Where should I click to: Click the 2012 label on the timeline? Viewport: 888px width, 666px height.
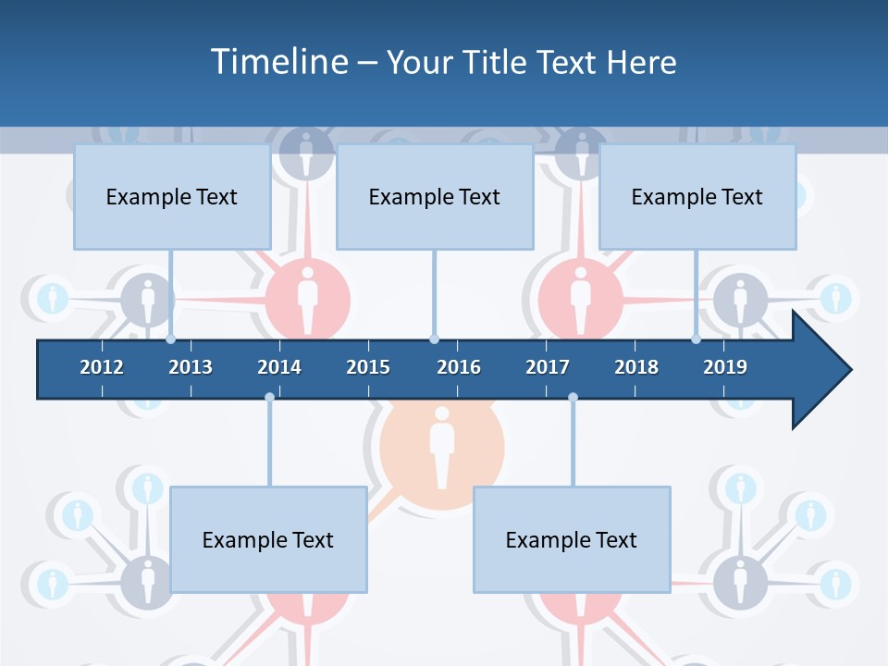click(102, 367)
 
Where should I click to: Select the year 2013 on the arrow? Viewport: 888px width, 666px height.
click(191, 367)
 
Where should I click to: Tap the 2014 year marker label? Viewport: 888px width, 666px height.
click(279, 367)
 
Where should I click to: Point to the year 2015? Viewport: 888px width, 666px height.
click(368, 367)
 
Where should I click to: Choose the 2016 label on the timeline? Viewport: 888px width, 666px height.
click(459, 367)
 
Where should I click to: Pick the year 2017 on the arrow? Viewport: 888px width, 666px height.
click(548, 367)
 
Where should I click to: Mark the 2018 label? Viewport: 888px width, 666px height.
click(636, 367)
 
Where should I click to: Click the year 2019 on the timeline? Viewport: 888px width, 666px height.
click(725, 367)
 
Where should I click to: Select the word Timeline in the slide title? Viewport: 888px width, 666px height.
click(277, 62)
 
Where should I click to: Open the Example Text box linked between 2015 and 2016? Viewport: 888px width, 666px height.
click(435, 196)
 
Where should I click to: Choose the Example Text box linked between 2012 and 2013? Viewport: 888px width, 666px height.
click(172, 196)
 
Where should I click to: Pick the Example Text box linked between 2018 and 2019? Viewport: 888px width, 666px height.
click(697, 196)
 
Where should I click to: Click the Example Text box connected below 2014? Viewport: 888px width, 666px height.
click(268, 539)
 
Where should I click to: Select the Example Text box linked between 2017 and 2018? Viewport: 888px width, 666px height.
click(572, 539)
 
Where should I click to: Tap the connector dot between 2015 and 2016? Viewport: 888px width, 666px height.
click(435, 339)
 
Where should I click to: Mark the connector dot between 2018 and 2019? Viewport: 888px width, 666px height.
click(697, 339)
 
